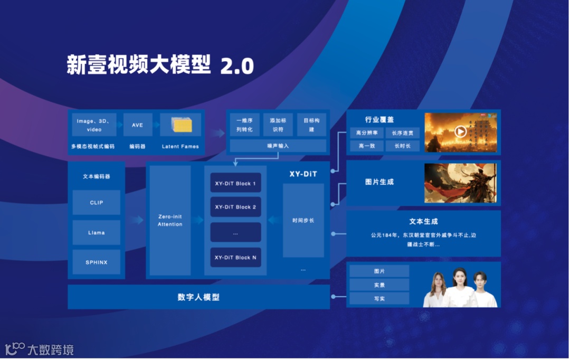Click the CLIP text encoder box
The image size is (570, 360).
click(97, 203)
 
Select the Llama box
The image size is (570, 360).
click(97, 232)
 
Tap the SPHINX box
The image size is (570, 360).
click(97, 262)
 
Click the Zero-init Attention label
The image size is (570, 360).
click(170, 221)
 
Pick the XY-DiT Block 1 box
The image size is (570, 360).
click(235, 183)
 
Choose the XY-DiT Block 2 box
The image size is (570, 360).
click(235, 207)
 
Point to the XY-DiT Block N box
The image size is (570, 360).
click(235, 257)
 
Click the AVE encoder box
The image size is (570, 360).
click(137, 125)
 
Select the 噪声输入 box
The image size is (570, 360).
click(278, 146)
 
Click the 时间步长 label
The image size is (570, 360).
click(303, 220)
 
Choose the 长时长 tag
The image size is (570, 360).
click(402, 146)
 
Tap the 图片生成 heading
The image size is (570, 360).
click(379, 182)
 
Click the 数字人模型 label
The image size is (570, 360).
click(198, 297)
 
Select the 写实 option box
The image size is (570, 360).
click(379, 299)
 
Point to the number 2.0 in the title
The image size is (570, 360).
click(237, 66)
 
